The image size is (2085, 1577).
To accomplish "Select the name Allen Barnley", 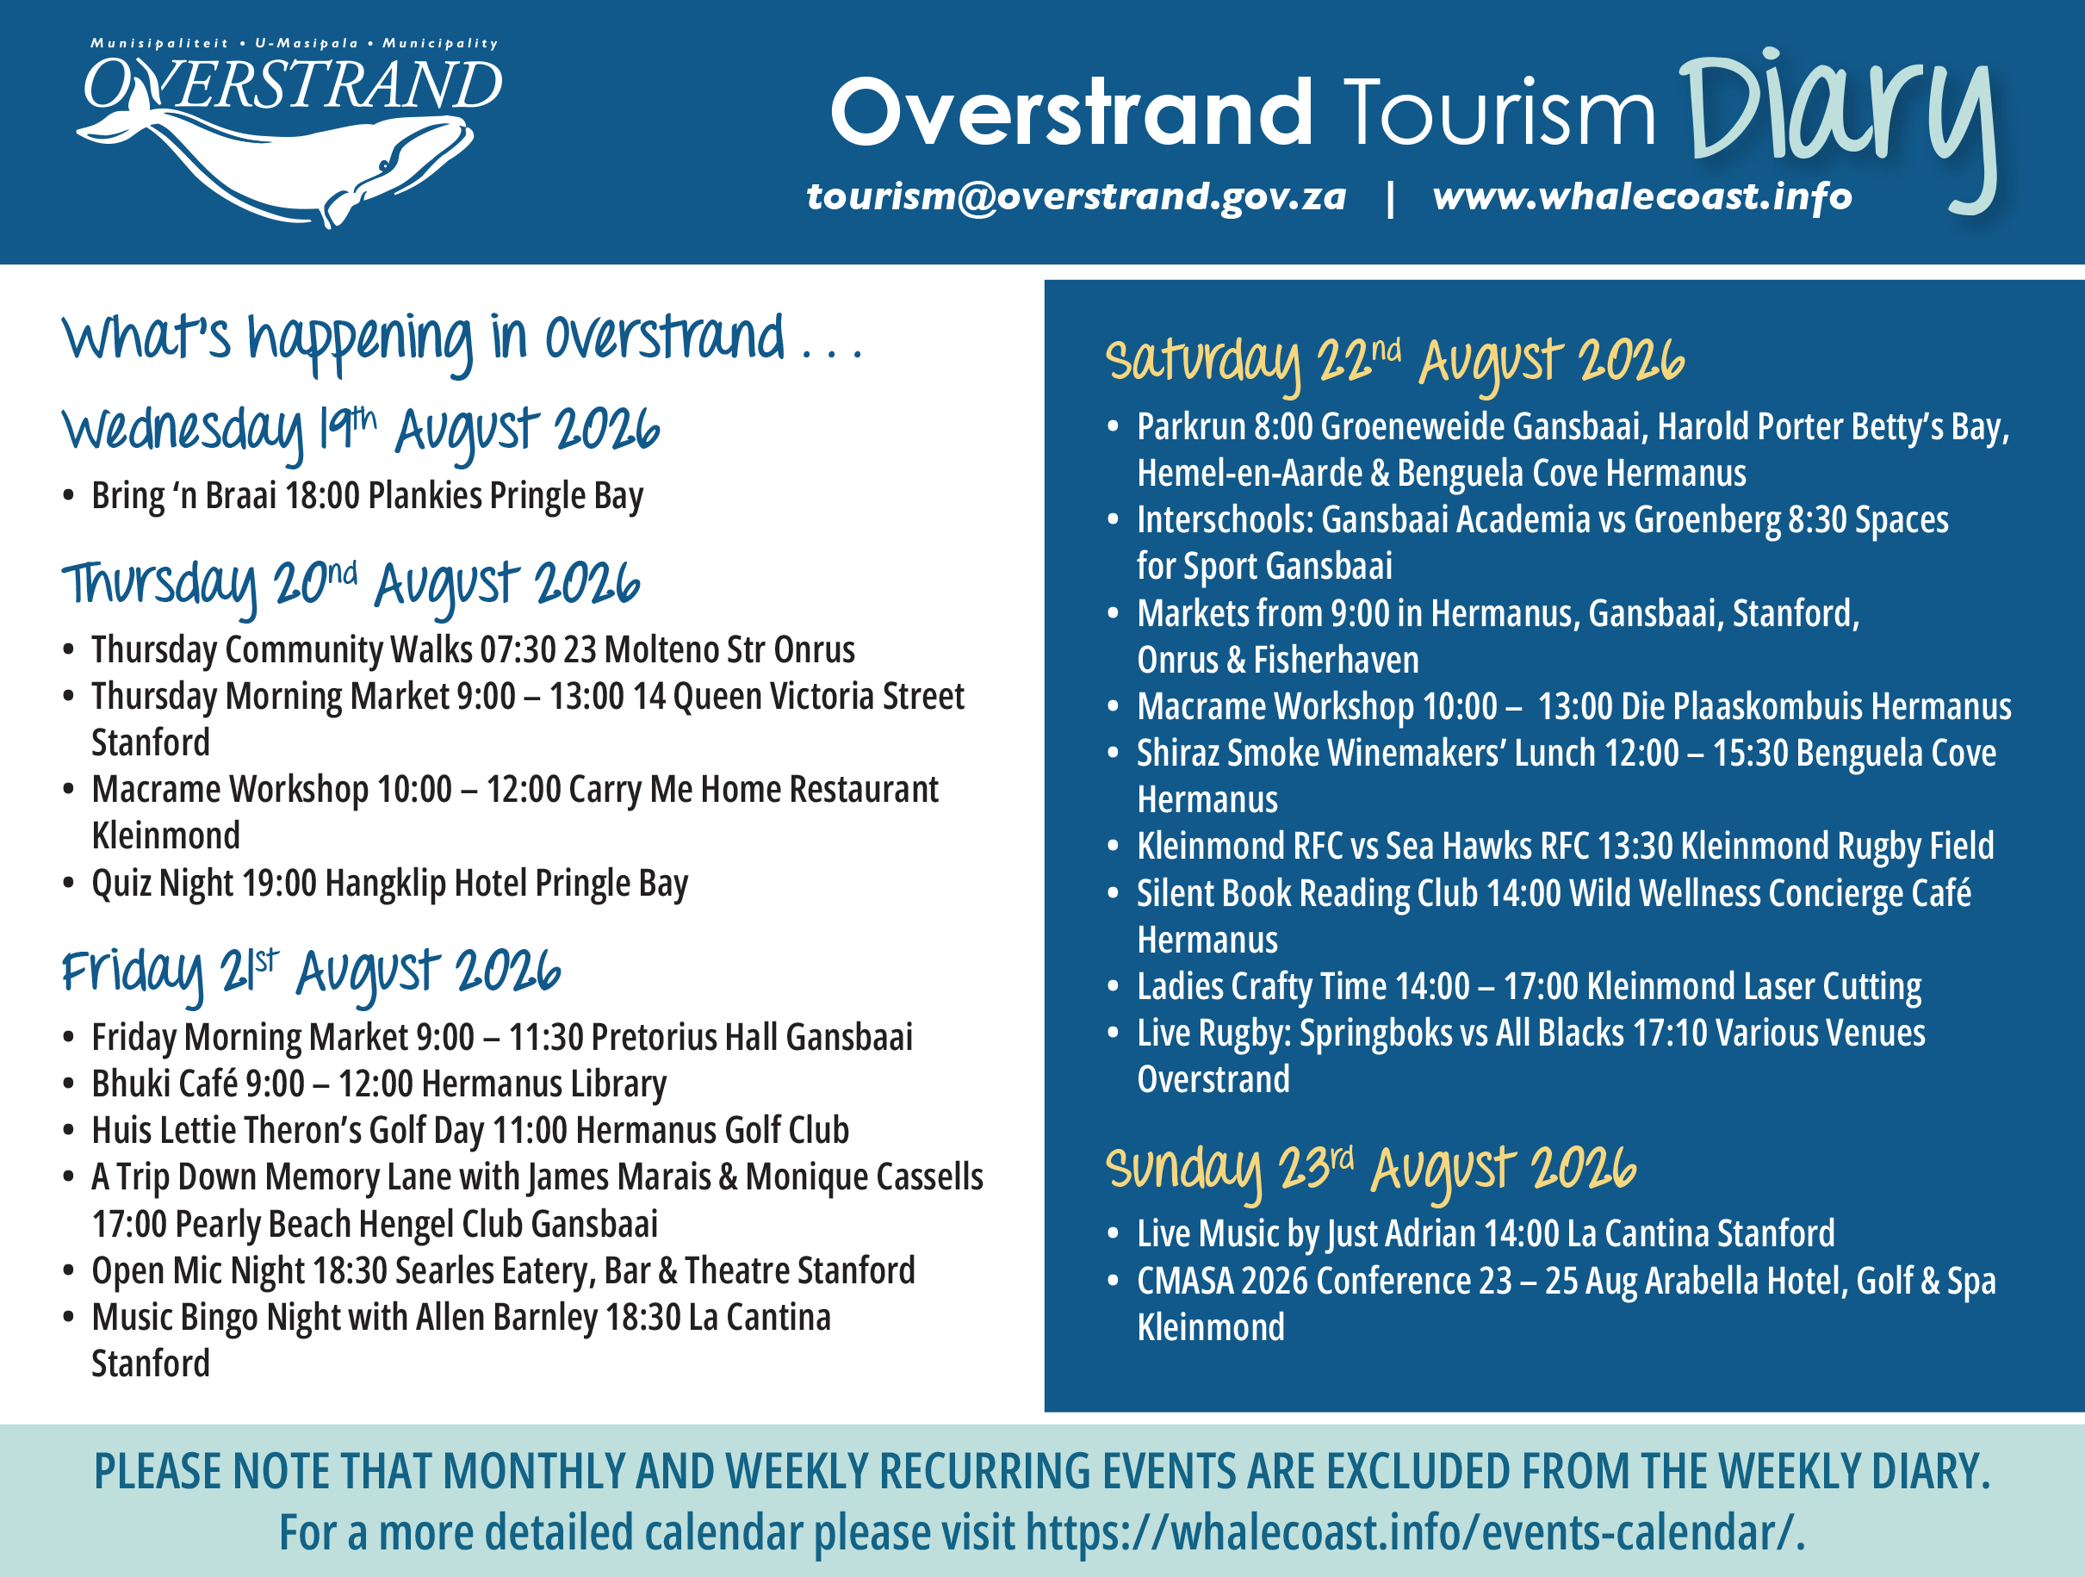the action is point(507,1318).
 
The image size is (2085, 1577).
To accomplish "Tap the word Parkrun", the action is point(1191,427).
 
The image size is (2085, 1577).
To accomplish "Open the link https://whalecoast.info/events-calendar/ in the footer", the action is point(1414,1533).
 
